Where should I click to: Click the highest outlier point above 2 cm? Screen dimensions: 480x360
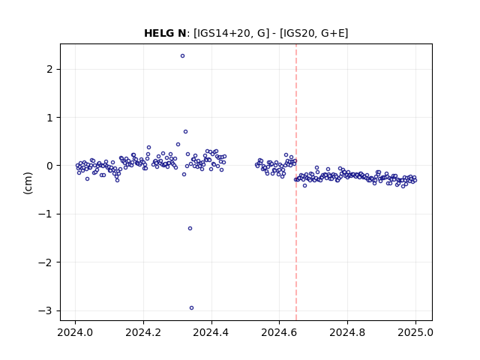point(182,56)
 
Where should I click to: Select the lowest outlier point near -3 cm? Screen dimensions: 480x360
point(191,308)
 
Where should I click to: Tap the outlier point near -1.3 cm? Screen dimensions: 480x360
point(190,228)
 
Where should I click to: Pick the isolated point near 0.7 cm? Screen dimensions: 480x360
point(185,132)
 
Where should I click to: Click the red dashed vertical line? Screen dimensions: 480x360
point(296,182)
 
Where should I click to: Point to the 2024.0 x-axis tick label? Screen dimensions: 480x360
point(75,332)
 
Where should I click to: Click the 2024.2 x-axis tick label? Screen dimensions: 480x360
point(143,332)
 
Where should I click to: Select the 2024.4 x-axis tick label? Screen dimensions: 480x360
point(211,332)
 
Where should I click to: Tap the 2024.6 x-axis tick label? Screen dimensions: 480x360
point(279,332)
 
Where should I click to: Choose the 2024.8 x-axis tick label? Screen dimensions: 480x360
point(347,332)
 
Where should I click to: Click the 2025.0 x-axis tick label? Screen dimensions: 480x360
point(415,332)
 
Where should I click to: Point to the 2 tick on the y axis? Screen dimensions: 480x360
point(49,69)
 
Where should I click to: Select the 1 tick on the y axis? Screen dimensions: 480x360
point(49,118)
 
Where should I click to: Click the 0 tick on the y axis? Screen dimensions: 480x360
point(49,166)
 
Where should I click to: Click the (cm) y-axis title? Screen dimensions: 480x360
point(28,183)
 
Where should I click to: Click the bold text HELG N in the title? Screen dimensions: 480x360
point(165,33)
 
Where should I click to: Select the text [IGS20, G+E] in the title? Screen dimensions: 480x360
point(314,33)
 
